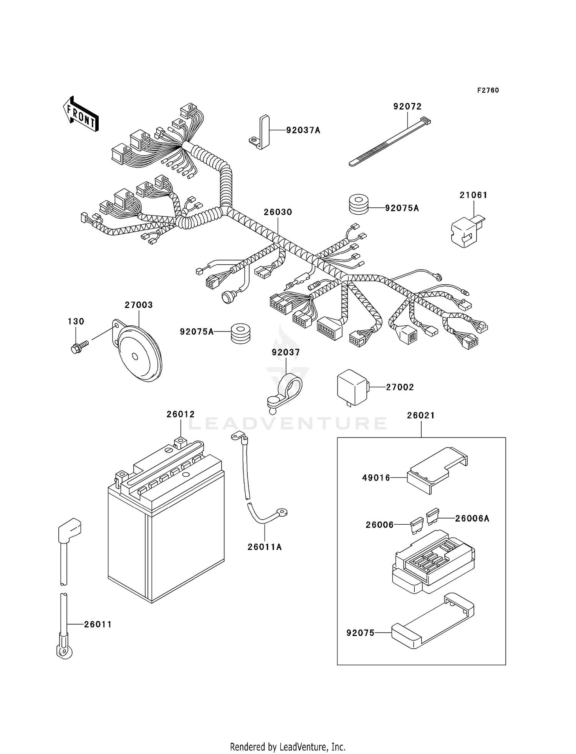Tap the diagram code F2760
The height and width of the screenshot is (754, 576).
tap(488, 90)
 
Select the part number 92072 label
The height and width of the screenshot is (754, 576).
tap(407, 106)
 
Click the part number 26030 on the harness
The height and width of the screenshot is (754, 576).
tap(278, 212)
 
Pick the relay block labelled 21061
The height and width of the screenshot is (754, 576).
tap(466, 231)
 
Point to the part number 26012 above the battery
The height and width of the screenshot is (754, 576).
tap(180, 414)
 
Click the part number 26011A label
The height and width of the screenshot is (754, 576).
tap(265, 547)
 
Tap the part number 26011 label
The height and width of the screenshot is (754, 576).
tap(98, 625)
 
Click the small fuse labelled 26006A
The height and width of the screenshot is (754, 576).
tap(433, 515)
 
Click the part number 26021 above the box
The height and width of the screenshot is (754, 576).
tap(421, 416)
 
